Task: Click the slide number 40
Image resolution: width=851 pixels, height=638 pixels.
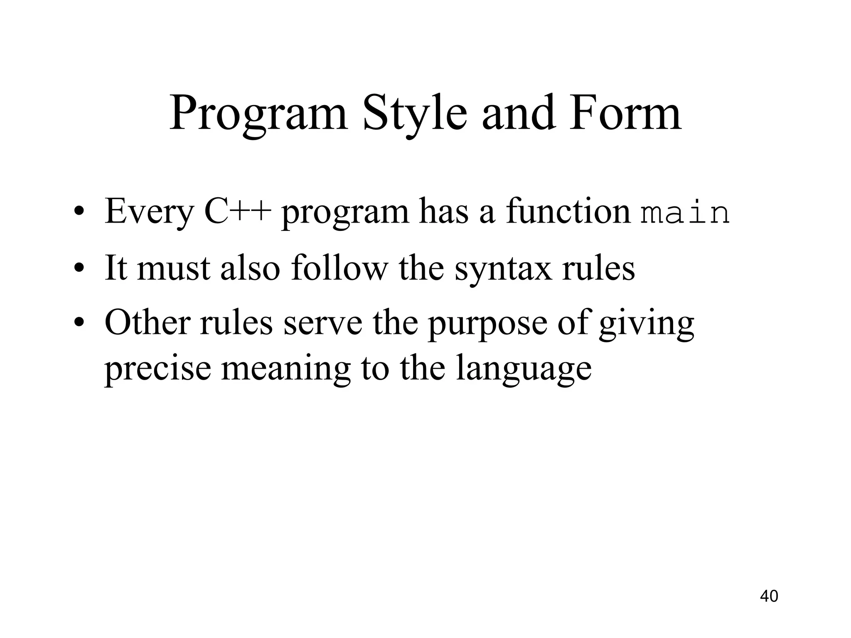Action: point(769,596)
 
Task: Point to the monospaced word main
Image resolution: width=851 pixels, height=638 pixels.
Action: point(684,213)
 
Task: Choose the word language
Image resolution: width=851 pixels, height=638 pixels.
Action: point(523,370)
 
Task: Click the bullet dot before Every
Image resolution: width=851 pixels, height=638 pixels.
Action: point(78,213)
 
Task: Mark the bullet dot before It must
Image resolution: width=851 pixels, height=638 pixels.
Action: point(78,269)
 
